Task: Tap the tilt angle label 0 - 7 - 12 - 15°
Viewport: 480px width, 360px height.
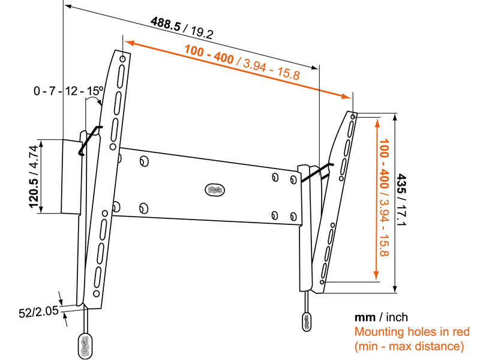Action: click(68, 91)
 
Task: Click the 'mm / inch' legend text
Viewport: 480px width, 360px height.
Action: click(382, 317)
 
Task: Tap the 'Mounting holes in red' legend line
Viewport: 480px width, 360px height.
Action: click(412, 332)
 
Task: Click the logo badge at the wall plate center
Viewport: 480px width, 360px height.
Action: click(214, 190)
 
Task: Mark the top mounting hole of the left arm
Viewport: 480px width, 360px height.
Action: click(122, 59)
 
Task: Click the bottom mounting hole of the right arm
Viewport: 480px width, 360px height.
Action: click(323, 280)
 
